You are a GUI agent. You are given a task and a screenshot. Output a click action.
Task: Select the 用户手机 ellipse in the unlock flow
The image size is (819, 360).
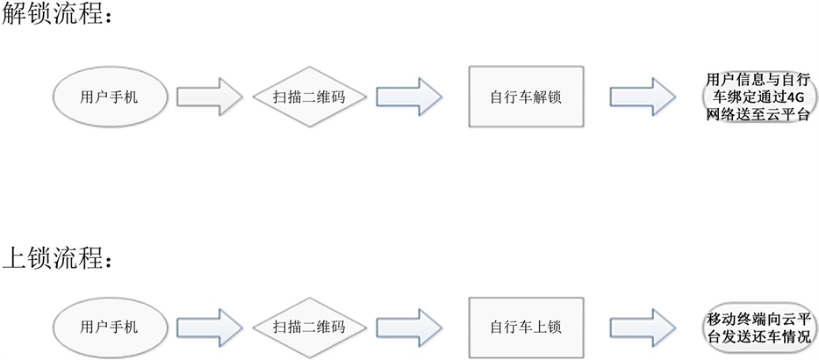point(109,97)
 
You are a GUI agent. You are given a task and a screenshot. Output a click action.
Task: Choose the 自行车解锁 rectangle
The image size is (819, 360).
point(525,96)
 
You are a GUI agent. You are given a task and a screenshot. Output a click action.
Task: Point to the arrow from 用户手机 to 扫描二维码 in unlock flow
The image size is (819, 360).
point(209,96)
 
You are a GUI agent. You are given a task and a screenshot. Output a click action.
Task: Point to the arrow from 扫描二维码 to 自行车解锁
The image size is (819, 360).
point(410,96)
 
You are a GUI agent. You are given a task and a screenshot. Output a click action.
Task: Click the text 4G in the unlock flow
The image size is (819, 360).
point(795,97)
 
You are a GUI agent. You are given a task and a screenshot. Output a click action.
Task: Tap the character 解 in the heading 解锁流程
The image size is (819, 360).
point(15,15)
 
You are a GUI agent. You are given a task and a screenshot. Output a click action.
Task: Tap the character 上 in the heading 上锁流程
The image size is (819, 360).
point(15,258)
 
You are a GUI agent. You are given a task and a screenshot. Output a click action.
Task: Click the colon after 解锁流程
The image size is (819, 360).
point(108,17)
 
